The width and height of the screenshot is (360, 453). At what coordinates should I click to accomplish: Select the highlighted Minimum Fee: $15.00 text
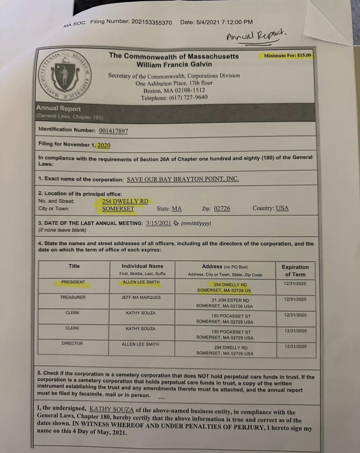[x=287, y=56]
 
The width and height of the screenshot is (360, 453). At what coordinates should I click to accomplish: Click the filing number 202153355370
[x=150, y=22]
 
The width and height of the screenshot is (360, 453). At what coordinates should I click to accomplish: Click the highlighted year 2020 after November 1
[x=104, y=145]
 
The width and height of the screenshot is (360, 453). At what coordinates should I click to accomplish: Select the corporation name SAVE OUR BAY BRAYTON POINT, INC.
[x=183, y=179]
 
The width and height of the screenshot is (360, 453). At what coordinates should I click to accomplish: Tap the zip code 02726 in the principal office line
[x=222, y=208]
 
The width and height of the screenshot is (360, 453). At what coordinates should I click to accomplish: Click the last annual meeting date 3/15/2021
[x=158, y=223]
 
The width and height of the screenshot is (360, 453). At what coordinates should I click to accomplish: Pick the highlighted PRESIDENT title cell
[x=74, y=282]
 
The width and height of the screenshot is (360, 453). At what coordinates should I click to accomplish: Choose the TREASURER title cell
[x=73, y=297]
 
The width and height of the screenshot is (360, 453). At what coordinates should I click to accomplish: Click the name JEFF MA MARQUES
[x=141, y=297]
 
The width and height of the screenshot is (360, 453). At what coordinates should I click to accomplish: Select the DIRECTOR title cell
[x=72, y=343]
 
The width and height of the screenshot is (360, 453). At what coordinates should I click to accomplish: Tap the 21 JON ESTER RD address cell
[x=225, y=303]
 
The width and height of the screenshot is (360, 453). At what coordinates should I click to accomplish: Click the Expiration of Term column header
[x=295, y=270]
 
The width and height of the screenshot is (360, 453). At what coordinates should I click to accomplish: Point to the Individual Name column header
[x=142, y=266]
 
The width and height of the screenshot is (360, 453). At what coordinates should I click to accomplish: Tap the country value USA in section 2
[x=282, y=208]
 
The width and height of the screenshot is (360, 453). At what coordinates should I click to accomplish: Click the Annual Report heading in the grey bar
[x=58, y=109]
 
